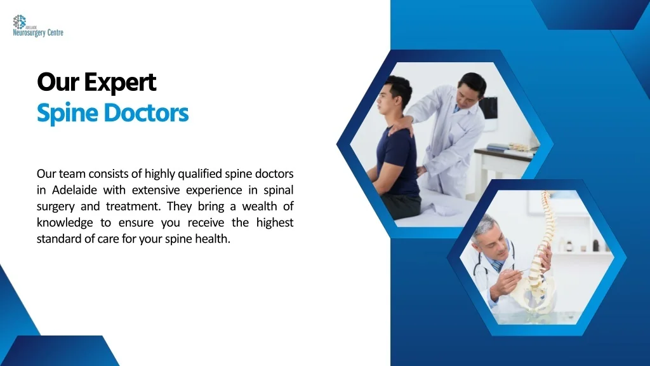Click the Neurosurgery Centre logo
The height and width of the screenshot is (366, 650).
[x=37, y=26]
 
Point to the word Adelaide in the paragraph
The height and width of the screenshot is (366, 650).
[x=75, y=190]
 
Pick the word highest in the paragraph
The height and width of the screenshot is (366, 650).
[x=274, y=223]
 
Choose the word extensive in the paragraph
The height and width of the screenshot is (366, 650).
[x=156, y=190]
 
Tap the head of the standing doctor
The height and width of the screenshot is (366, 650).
[x=472, y=88]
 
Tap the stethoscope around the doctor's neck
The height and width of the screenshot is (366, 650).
[x=482, y=267]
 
